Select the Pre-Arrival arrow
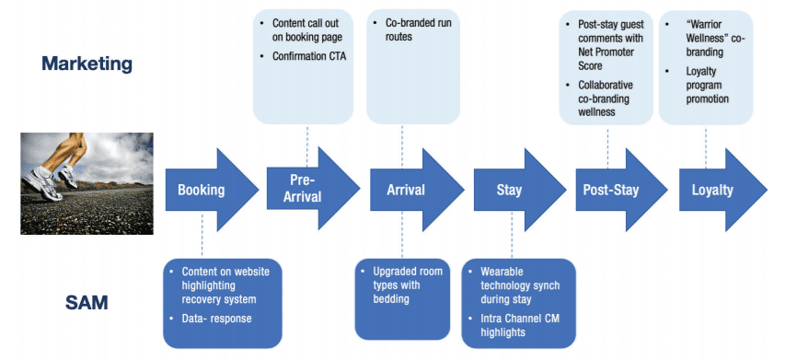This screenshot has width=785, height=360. coord(312,189)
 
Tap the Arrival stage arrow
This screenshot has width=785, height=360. coord(417,190)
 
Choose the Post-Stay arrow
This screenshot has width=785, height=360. coord(621,190)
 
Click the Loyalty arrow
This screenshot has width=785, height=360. coord(722,190)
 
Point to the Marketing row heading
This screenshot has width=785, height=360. coord(87,64)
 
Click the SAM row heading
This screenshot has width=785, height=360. coord(87,302)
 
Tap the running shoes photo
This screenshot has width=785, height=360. coord(87,183)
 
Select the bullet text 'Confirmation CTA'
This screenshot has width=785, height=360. coord(309,56)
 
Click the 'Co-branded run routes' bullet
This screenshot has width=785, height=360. coord(418,29)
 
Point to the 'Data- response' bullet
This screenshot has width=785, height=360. coord(216,319)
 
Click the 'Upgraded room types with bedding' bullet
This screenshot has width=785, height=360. coord(408,285)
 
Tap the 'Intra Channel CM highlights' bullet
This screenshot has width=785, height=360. coord(520,325)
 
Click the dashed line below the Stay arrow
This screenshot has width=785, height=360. coord(512,235)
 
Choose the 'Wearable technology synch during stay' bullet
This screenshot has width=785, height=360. coord(520,285)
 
